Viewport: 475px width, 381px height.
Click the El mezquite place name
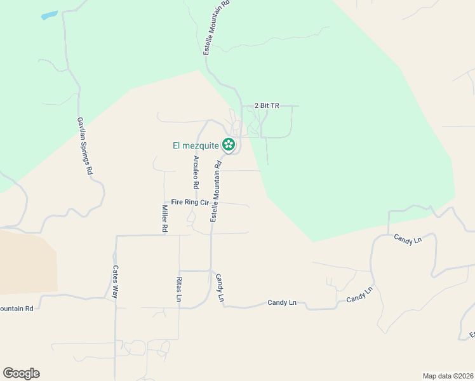pos(196,145)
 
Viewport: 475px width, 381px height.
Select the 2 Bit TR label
pos(267,105)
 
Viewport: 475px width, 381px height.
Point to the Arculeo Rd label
pos(196,172)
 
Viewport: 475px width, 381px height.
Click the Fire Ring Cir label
pos(190,202)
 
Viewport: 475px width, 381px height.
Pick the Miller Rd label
pos(164,218)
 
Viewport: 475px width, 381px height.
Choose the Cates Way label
pos(116,282)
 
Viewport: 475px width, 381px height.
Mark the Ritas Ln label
pos(179,289)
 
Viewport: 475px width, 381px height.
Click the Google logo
pos(21,373)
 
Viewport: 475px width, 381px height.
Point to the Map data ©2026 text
pos(448,375)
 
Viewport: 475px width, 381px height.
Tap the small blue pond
pos(49,15)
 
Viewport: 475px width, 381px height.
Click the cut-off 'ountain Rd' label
pos(17,309)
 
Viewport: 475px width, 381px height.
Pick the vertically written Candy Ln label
pos(220,288)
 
